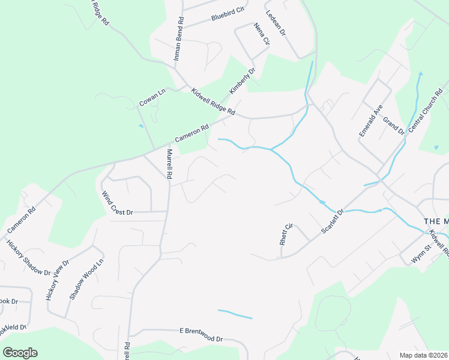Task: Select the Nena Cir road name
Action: [x=262, y=35]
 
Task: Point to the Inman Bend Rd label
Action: [x=178, y=38]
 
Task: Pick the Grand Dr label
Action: [x=394, y=126]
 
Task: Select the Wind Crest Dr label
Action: [x=116, y=204]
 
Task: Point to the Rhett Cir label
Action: [x=285, y=235]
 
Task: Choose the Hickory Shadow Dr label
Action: [x=28, y=258]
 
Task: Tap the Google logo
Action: [x=20, y=353]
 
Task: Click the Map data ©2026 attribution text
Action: [x=423, y=355]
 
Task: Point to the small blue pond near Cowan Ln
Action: [x=141, y=126]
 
